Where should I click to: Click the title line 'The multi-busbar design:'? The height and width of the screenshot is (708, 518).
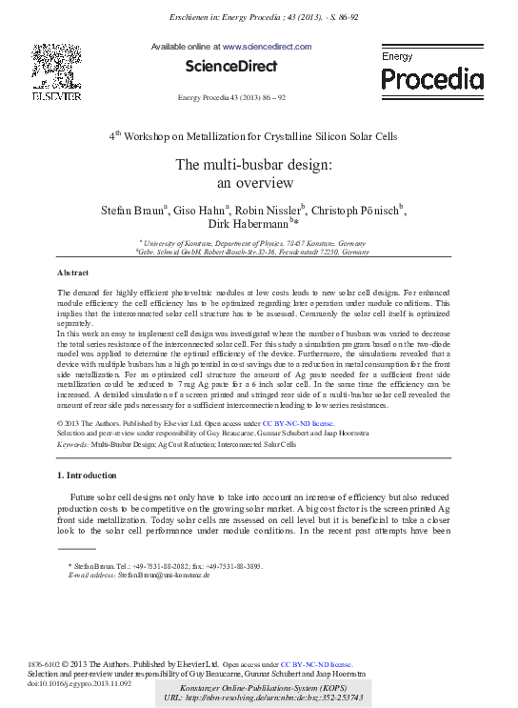coord(252,165)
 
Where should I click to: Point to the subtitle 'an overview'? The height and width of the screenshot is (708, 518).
coord(252,183)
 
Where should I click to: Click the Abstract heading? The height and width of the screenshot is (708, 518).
coord(73,273)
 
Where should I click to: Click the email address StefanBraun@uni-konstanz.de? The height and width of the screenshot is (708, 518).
coord(164,577)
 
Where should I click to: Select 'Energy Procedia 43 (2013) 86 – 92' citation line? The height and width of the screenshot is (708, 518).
coord(232,99)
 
